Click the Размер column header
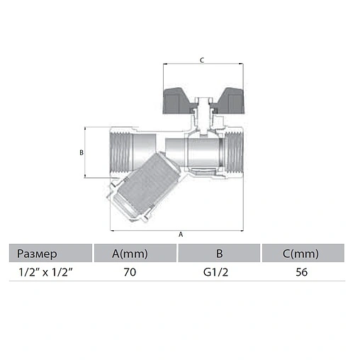pyautogui.click(x=37, y=254)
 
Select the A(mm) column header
pyautogui.click(x=130, y=254)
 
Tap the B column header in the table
pyautogui.click(x=220, y=254)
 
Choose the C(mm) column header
pyautogui.click(x=300, y=254)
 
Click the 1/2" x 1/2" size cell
pyautogui.click(x=45, y=272)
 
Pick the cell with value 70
pyautogui.click(x=130, y=272)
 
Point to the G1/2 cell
pyautogui.click(x=215, y=272)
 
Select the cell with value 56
pyautogui.click(x=302, y=272)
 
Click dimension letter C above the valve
pyautogui.click(x=202, y=60)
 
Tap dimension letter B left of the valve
pyautogui.click(x=81, y=152)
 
